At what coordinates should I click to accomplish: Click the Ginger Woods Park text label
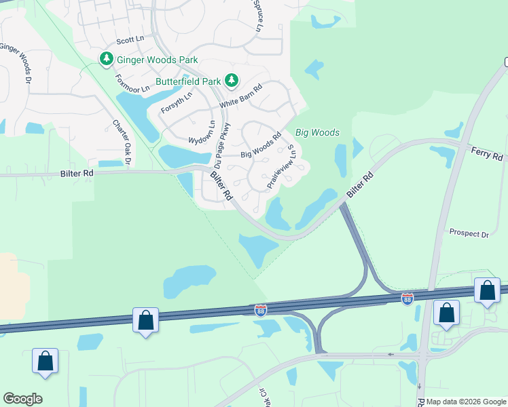(157, 60)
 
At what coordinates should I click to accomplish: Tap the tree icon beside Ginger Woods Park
(106, 60)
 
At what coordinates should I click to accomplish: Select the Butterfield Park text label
(188, 81)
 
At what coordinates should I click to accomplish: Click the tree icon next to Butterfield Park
(232, 81)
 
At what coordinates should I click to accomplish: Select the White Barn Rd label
(241, 97)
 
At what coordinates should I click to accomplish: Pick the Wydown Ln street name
(201, 132)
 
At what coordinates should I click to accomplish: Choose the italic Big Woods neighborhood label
(317, 132)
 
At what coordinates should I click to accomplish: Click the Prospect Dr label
(469, 233)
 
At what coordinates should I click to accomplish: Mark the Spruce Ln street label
(258, 15)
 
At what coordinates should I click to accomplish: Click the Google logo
(23, 399)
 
